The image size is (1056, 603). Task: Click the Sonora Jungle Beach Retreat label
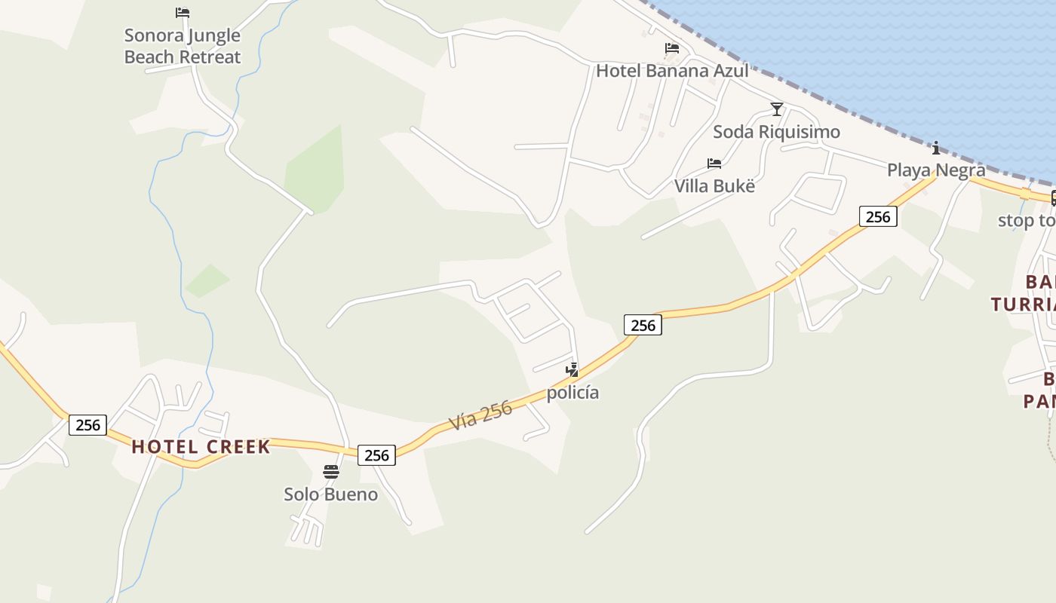coord(182,46)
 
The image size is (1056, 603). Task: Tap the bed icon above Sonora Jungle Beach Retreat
coord(182,13)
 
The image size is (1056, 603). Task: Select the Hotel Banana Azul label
coord(672,71)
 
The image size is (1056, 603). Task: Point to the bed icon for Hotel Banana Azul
coord(672,49)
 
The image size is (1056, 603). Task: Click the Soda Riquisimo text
coord(776,132)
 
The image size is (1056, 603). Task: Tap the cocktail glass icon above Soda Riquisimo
coord(777,109)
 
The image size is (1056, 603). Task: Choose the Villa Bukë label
coord(714,185)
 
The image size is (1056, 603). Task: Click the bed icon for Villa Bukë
coord(714,164)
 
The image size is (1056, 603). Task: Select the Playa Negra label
coord(935,170)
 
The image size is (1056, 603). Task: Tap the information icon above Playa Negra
coord(936,148)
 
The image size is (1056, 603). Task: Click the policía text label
coord(573,393)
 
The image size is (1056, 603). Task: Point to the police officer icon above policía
coord(573,370)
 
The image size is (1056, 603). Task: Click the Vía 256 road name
coord(480,415)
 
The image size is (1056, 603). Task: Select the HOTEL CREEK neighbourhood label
coord(201,447)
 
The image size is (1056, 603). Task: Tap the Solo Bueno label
coord(330,494)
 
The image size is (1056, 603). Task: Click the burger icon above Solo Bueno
coord(330,473)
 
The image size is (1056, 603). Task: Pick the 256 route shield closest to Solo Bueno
coord(376,455)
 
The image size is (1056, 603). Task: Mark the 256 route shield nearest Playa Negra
coord(878,217)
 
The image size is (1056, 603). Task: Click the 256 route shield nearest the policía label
coord(643,325)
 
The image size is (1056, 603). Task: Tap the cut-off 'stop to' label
coord(1026,221)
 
